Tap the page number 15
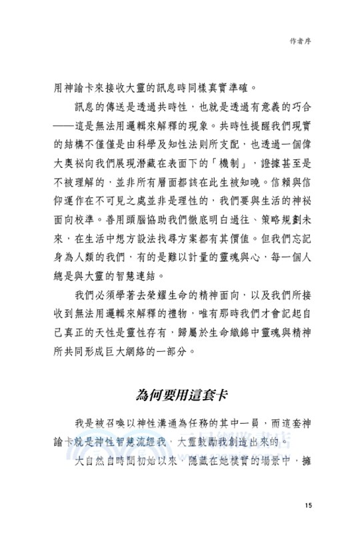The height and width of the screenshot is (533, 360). [x=307, y=504]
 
